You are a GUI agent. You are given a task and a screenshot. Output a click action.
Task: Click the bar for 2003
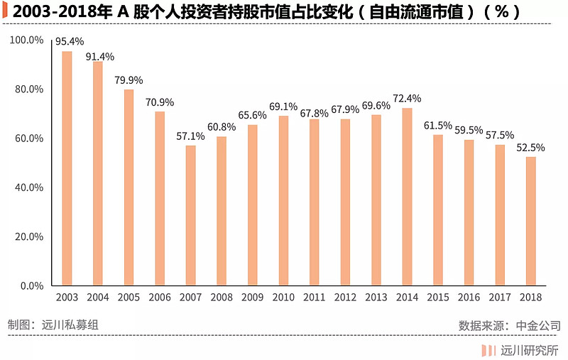coord(67,168)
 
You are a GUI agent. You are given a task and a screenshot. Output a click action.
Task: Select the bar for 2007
coord(190,216)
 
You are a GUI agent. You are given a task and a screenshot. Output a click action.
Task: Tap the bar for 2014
coord(407,197)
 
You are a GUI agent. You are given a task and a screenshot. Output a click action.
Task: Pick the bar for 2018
coord(530,222)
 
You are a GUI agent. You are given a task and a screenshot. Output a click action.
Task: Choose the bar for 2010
coord(283,201)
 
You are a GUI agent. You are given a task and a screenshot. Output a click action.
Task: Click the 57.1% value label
coord(190,136)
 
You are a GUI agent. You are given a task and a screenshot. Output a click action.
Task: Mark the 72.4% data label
coord(407,99)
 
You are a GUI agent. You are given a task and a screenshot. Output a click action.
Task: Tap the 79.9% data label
coord(129,80)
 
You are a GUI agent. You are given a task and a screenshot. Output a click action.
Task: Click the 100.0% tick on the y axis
coord(27,40)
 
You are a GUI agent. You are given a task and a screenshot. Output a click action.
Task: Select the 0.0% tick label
coord(32,286)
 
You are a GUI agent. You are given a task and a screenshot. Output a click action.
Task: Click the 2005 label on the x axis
coord(129,298)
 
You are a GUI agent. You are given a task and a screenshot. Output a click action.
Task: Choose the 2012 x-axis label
coord(345,298)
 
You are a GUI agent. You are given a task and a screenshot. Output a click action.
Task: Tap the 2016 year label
coord(469,298)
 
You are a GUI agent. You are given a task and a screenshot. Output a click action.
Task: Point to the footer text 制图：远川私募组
coord(52,324)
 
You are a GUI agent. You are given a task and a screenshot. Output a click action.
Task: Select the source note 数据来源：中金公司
coord(509,325)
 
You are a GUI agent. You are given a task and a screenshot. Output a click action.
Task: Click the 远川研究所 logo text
coord(529,349)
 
